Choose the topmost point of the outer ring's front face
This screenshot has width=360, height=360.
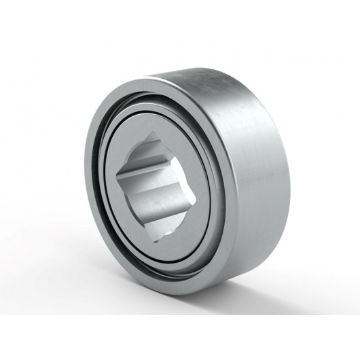point(146,82)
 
